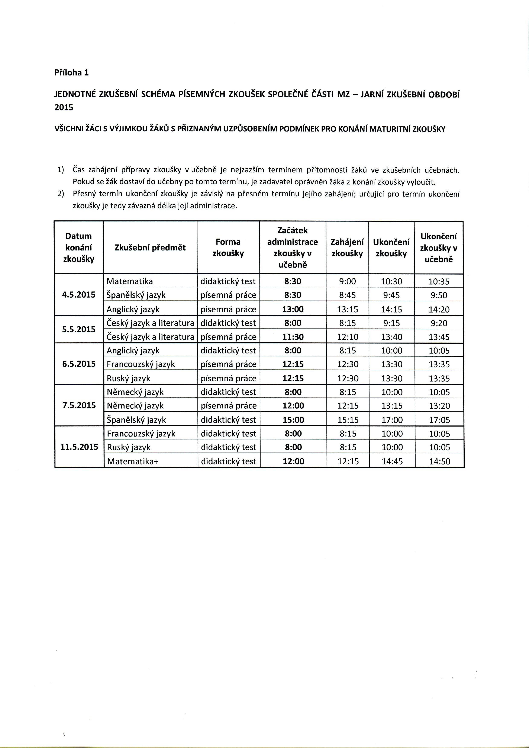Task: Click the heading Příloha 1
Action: tap(71, 72)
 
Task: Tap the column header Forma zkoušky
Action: tap(228, 248)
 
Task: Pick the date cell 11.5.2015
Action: tap(79, 447)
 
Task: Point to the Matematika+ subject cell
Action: tap(132, 461)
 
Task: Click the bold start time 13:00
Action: tap(293, 309)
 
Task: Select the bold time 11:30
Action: tap(293, 337)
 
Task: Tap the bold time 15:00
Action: tap(293, 420)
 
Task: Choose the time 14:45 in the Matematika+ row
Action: tap(392, 461)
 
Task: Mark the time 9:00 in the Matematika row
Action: tap(348, 281)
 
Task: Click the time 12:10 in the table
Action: tap(348, 337)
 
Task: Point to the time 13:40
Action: tap(392, 337)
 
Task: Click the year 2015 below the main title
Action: tap(64, 107)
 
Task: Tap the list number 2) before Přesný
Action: tap(61, 194)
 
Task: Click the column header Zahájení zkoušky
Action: tap(347, 248)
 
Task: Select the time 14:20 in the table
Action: tap(439, 309)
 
